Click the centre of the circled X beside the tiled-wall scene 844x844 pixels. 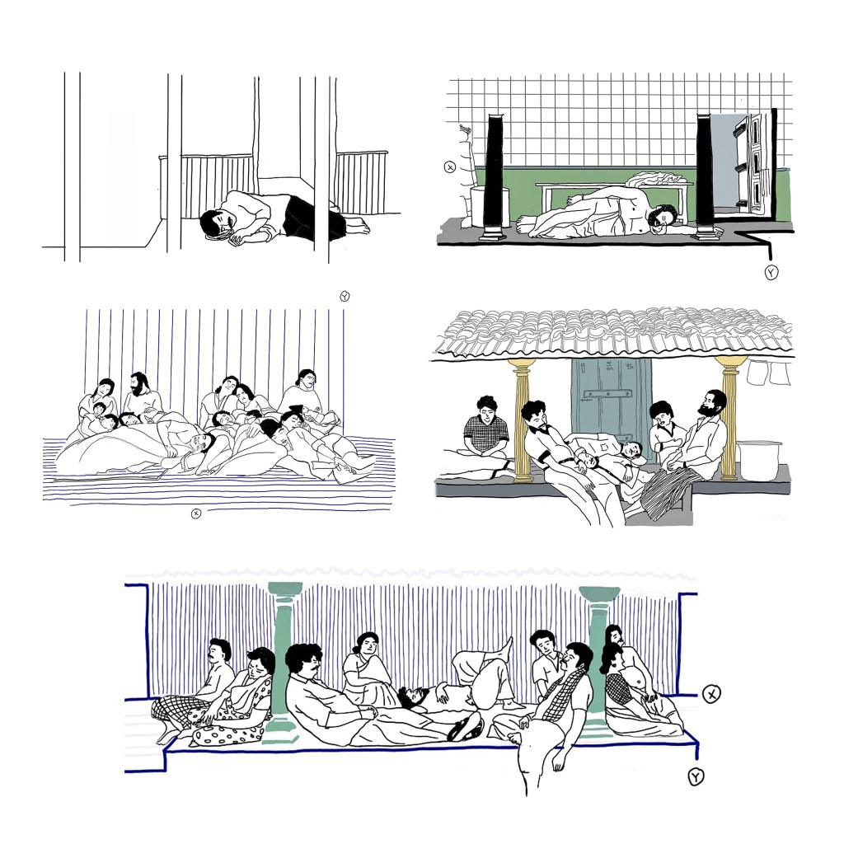coord(450,166)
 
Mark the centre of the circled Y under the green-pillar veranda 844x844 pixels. coord(696,776)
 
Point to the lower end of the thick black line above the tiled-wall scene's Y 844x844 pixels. coord(771,261)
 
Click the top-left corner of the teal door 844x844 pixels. coord(572,359)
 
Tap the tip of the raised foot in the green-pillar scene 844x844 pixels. coord(509,639)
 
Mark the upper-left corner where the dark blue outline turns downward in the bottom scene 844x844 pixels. coord(148,585)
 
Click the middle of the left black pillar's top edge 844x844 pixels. coord(495,115)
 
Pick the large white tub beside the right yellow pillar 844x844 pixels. coord(759,460)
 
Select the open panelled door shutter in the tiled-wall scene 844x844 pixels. coord(752,161)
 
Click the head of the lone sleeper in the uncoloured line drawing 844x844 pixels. coord(218,224)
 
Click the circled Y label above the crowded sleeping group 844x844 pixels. coord(345,296)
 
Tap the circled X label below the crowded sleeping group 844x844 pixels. coord(196,514)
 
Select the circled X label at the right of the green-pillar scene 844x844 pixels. coord(711,694)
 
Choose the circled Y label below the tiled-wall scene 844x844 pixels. coord(771,273)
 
